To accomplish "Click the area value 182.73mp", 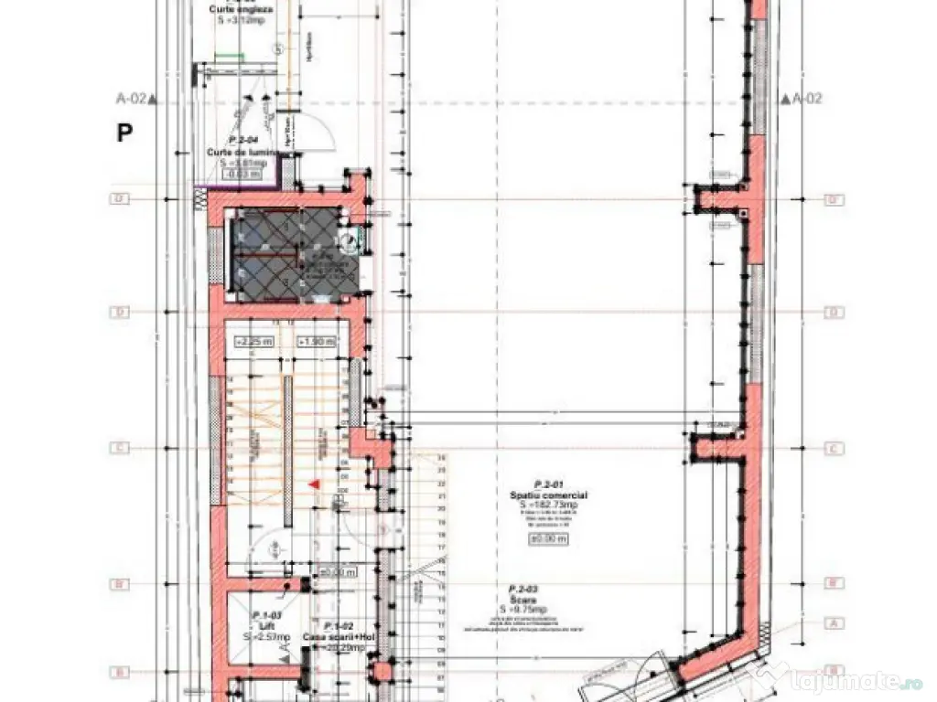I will pos(549,505).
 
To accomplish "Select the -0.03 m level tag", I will pos(243,173).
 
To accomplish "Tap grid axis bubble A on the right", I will pos(834,623).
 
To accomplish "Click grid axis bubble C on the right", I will pos(834,448).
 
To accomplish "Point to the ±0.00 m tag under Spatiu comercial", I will pos(548,539).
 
